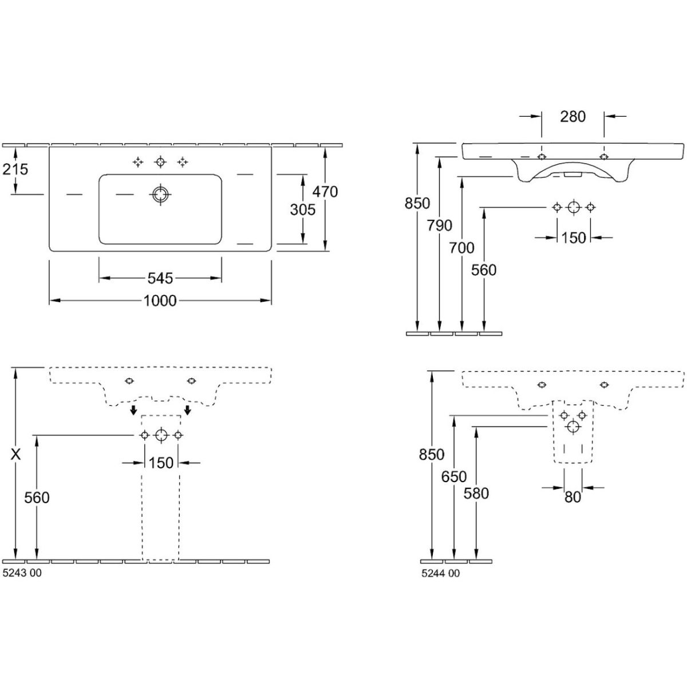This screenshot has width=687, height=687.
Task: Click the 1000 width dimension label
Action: point(160,300)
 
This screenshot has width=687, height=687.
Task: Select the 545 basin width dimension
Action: point(160,278)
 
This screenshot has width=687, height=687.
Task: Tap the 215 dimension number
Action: point(15,169)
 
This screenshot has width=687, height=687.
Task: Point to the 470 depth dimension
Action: point(326,191)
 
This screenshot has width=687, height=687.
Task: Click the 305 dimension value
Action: point(302,210)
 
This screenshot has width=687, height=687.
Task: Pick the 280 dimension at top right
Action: point(572,116)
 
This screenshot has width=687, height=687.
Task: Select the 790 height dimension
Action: point(439,226)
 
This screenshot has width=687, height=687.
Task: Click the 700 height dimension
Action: point(461,247)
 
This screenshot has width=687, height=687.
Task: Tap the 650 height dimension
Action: point(454,476)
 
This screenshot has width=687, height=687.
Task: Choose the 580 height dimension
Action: point(476,493)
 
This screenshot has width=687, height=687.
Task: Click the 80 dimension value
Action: point(572,498)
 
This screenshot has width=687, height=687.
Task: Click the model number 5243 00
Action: point(22,573)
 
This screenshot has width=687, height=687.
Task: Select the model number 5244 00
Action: point(440,573)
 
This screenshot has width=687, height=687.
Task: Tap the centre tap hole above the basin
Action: point(160,162)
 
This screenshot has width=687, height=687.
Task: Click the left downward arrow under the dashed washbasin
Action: point(133,410)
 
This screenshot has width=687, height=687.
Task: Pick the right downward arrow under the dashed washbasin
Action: point(187,410)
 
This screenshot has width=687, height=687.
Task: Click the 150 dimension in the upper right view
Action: point(573,237)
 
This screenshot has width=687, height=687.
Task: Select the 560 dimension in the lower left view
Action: point(37,498)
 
